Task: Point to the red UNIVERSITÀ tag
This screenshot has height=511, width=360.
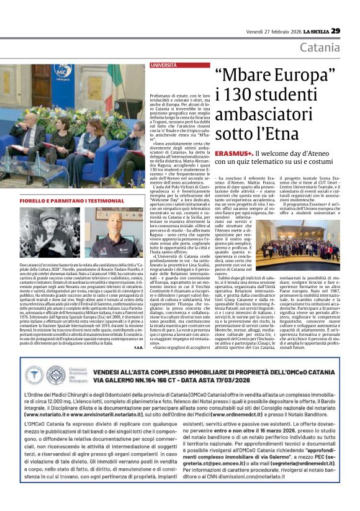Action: (163, 65)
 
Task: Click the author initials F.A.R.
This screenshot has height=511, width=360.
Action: (138, 330)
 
